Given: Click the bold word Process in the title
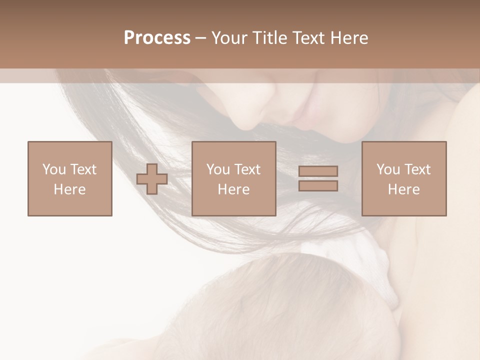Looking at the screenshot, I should point(157,38).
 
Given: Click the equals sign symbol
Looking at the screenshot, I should point(318,178).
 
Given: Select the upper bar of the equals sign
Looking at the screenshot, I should point(318,171).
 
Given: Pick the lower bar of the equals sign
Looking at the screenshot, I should point(318,185).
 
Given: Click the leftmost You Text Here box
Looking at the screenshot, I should point(70,178).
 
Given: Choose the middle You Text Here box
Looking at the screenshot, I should point(233,178).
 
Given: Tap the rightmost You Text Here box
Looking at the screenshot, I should point(404,178).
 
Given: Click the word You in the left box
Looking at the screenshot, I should point(53,169).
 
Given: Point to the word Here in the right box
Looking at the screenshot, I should point(404,189).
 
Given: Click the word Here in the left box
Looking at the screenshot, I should point(70,189).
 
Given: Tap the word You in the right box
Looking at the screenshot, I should point(388,169).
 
